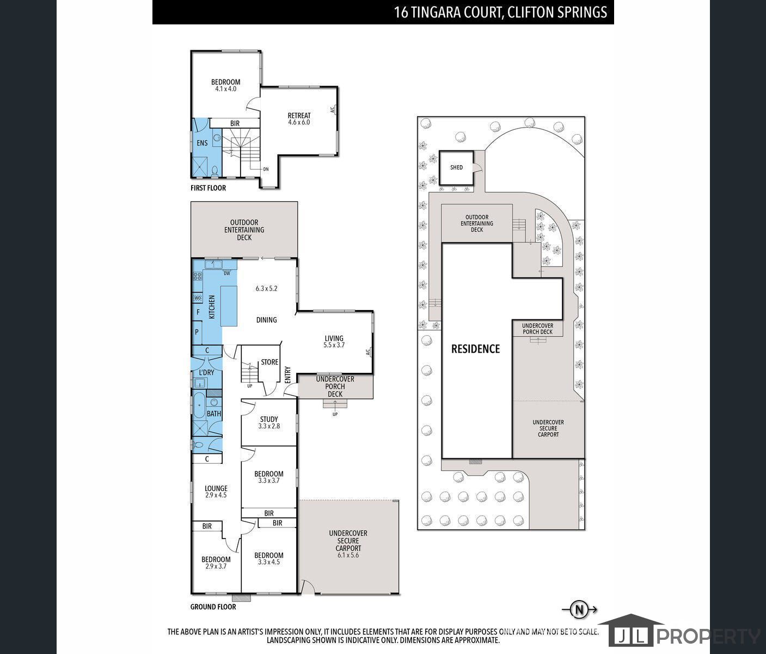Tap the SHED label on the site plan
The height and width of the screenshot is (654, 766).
click(x=456, y=167)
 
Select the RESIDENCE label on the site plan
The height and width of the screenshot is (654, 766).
click(x=475, y=349)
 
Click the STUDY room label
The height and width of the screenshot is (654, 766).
click(x=269, y=419)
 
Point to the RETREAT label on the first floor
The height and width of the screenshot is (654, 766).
click(x=299, y=116)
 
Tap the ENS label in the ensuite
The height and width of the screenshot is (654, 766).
click(x=202, y=143)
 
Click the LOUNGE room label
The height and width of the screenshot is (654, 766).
click(x=216, y=488)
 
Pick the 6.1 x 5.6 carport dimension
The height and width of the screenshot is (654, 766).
click(x=348, y=555)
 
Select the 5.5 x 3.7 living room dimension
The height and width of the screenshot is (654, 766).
click(x=334, y=345)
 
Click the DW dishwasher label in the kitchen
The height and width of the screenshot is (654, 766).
click(x=227, y=274)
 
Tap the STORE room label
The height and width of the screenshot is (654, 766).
click(x=269, y=362)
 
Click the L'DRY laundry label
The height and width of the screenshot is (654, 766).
click(x=206, y=372)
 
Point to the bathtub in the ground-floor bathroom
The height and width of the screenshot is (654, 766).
click(x=199, y=405)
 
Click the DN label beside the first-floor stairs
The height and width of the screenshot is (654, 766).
click(x=266, y=169)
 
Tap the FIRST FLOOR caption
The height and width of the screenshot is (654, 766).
click(x=208, y=188)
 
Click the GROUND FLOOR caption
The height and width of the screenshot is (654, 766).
click(x=213, y=607)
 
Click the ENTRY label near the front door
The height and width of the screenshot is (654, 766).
click(x=288, y=374)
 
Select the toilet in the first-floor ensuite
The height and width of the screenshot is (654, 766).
click(x=214, y=171)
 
